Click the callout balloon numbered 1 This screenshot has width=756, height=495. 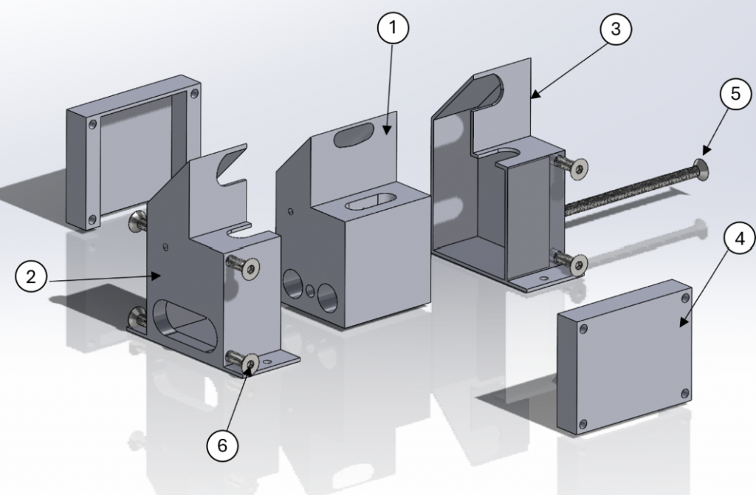pyautogui.click(x=393, y=30)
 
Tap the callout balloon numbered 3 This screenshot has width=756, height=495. pyautogui.click(x=616, y=30)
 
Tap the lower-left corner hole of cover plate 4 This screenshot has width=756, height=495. pyautogui.click(x=583, y=424)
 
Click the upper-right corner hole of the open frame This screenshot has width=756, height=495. pyautogui.click(x=194, y=95)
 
